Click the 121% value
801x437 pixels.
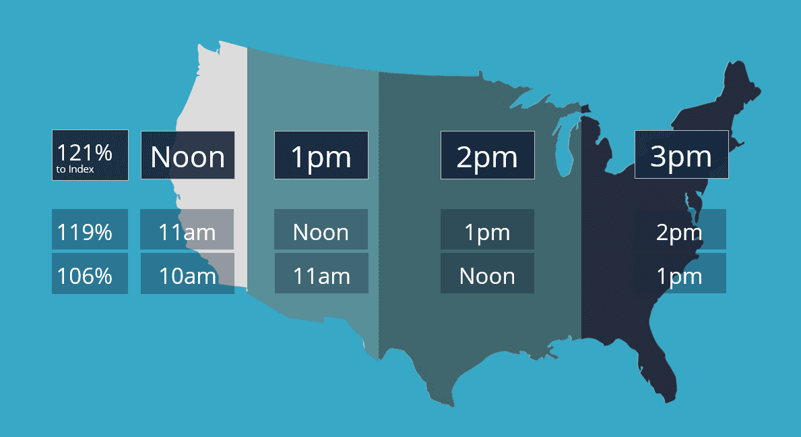(84, 152)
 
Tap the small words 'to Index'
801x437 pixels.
(75, 169)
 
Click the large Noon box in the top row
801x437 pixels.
(187, 156)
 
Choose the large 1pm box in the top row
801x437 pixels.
(321, 156)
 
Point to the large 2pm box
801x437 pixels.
(487, 156)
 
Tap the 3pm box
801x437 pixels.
(681, 156)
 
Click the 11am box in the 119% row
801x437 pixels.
(187, 233)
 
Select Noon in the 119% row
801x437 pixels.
(321, 233)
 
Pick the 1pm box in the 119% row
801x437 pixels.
(487, 233)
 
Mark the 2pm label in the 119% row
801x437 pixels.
(679, 233)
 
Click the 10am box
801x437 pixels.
(187, 276)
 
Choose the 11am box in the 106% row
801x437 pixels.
(321, 276)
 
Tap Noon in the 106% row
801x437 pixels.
(487, 276)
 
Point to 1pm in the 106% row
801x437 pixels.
(679, 276)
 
